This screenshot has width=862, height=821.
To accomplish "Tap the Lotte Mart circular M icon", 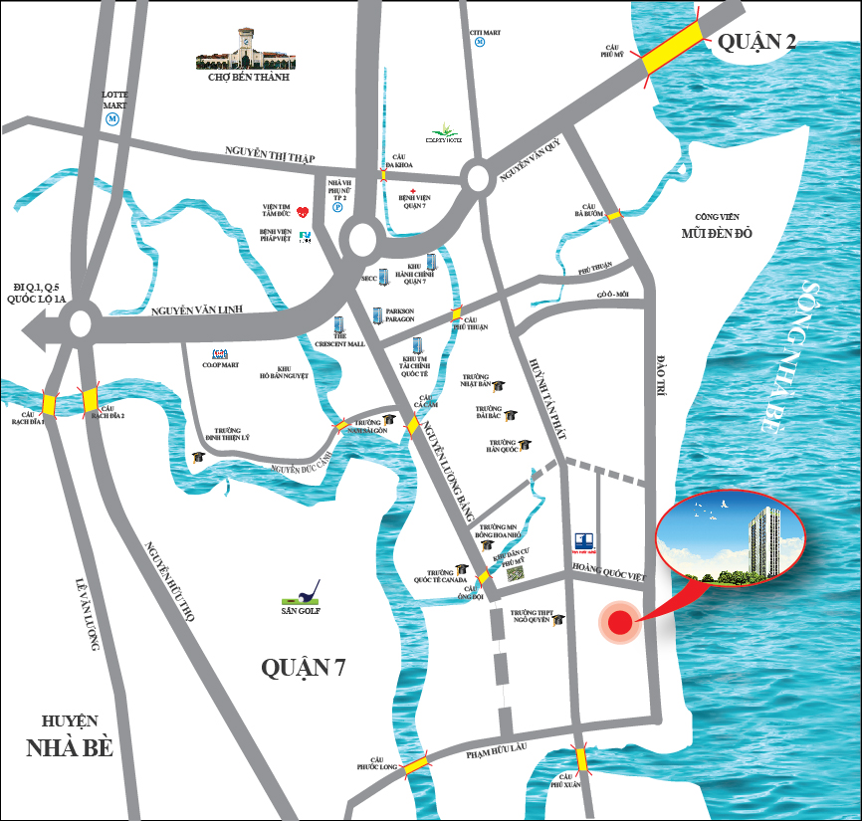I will point(112,117).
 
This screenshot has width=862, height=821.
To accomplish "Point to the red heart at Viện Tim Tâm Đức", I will point(304,210).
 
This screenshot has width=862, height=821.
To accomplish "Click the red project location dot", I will point(619,623).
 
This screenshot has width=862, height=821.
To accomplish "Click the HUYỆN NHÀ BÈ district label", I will point(69,736).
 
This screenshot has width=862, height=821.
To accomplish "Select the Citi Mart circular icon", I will point(480,43).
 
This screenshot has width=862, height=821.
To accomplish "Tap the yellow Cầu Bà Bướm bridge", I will point(615,214).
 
